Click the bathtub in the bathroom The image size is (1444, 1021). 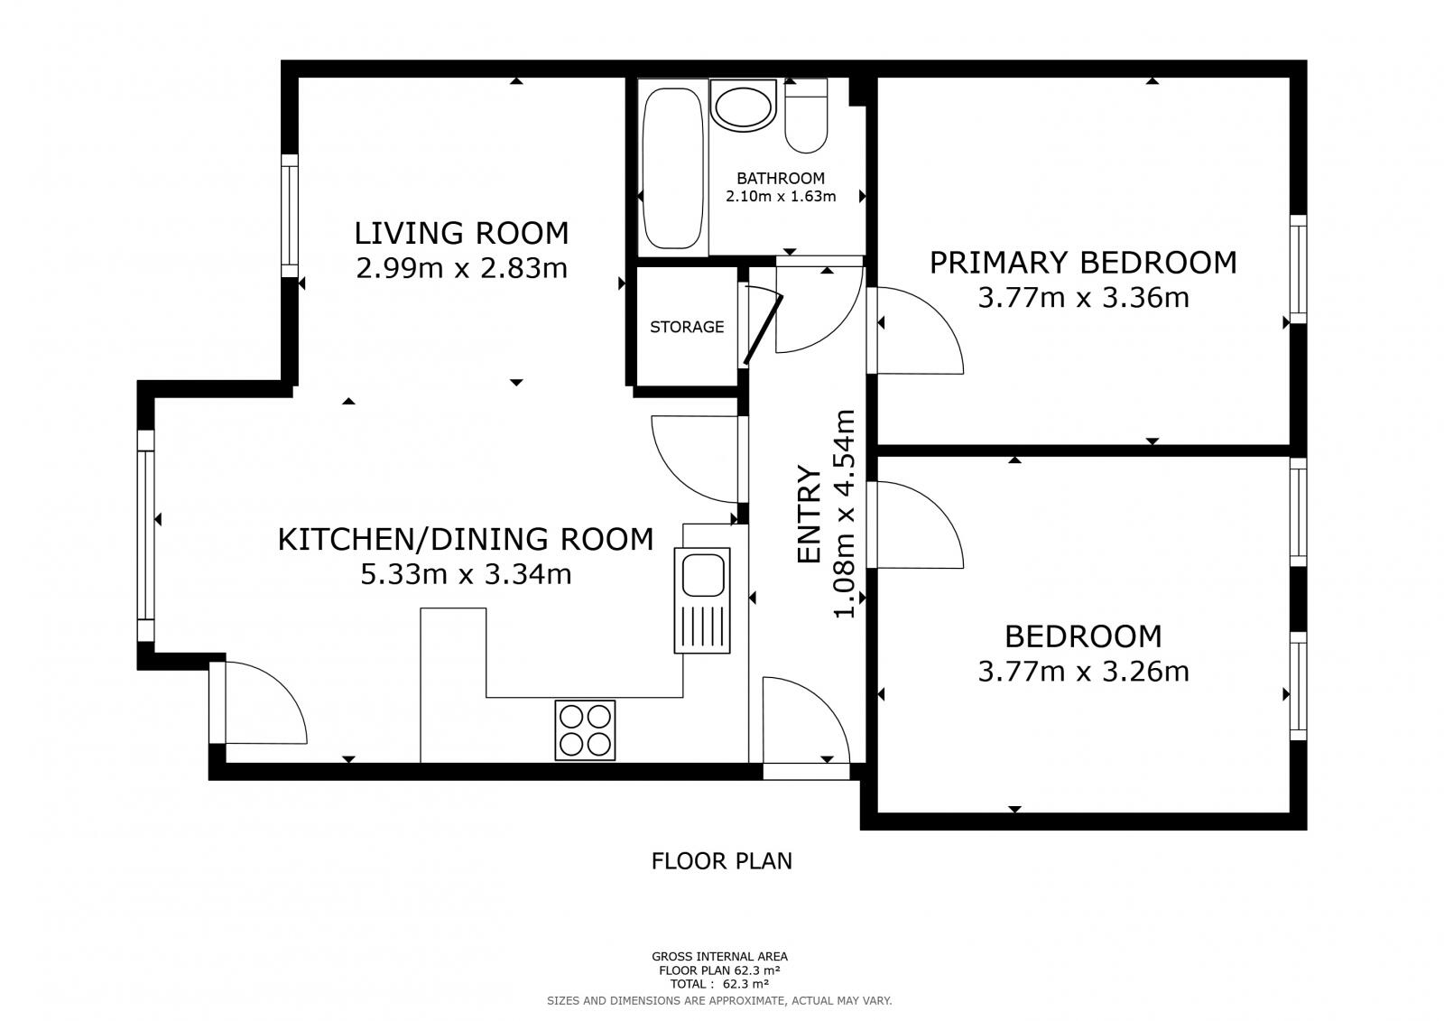coord(672,168)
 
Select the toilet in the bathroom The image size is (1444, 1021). coord(806,117)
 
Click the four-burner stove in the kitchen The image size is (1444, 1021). coord(585,729)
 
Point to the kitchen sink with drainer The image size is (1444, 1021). coord(701,599)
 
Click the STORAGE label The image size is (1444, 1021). coord(687,327)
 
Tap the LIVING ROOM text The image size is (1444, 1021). coord(461,233)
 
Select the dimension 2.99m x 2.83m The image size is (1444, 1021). coord(461,268)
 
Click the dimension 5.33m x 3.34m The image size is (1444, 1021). coord(466,574)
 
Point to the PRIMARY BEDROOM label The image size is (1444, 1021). coord(1083,263)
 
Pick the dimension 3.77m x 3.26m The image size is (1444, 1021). coord(1083,672)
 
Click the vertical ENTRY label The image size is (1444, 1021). coord(810,515)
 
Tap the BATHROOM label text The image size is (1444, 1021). coord(781,178)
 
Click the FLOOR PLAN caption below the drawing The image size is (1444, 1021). coord(721,861)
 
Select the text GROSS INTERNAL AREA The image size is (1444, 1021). coord(719,956)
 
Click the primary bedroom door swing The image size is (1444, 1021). coord(916,330)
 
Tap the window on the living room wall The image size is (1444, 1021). coord(289,215)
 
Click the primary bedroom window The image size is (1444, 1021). coord(1298,268)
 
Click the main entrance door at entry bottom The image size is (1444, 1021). coord(805,771)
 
